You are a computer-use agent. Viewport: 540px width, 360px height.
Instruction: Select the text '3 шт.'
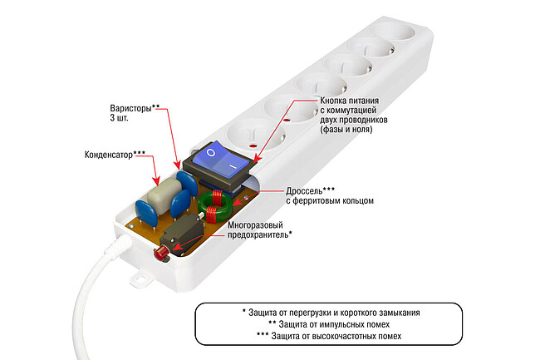pyautogui.click(x=120, y=120)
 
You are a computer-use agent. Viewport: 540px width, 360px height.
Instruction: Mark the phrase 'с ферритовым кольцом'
pyautogui.click(x=330, y=200)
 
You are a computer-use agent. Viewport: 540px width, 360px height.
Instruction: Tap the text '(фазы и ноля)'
pyautogui.click(x=346, y=130)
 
